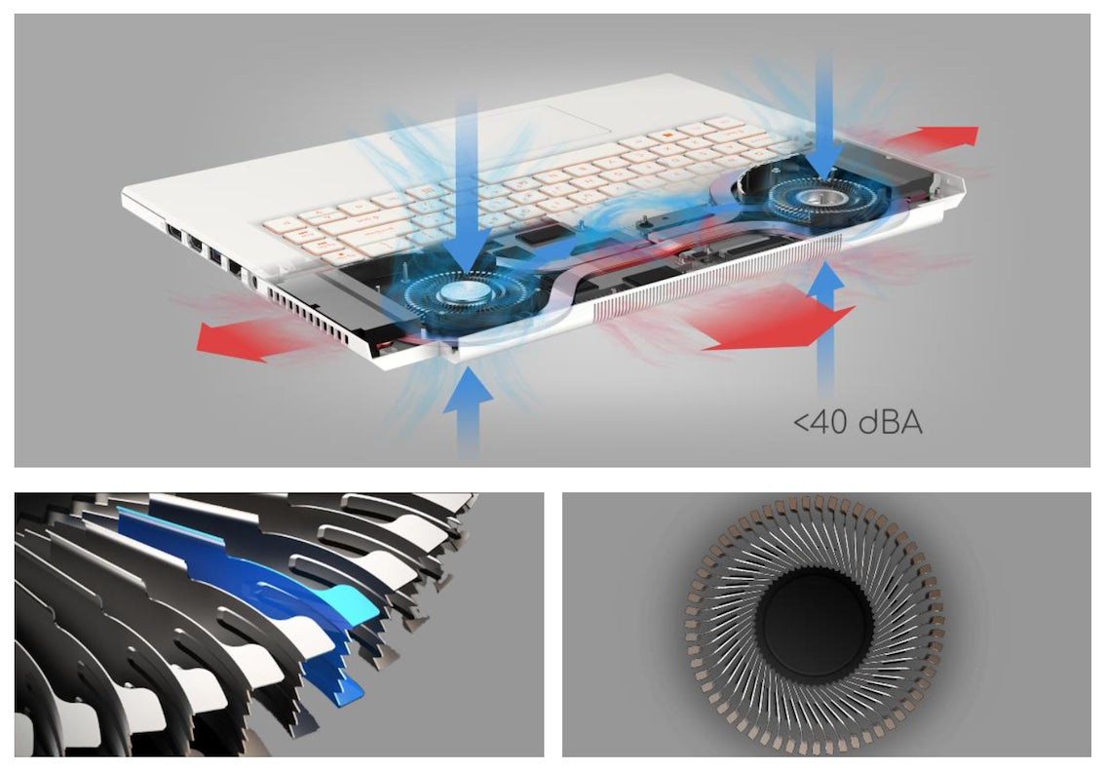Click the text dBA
coord(885,423)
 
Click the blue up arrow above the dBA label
coord(826,322)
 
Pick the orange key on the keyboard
coord(665,137)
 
